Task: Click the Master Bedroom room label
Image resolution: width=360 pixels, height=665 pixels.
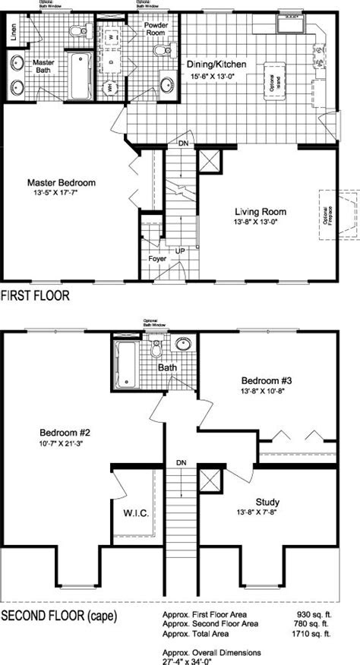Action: [62, 183]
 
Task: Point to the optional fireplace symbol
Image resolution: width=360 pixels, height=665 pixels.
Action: [339, 215]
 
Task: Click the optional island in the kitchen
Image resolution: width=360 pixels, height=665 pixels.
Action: [270, 79]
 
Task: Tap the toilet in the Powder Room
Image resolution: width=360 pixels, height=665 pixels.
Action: [160, 51]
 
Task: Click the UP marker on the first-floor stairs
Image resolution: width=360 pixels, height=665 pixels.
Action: [179, 250]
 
